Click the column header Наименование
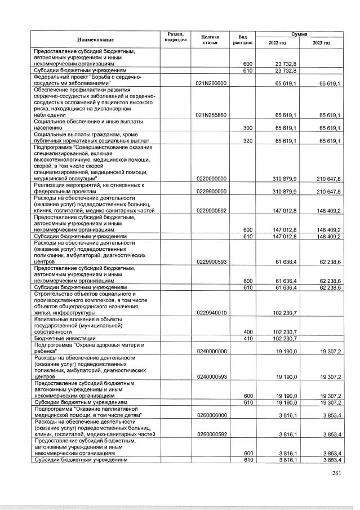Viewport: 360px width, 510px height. [96, 39]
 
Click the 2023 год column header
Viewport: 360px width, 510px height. [321, 43]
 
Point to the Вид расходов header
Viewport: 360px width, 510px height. [243, 39]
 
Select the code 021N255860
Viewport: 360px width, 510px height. [210, 115]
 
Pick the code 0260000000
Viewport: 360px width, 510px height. [210, 415]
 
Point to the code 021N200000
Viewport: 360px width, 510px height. [210, 83]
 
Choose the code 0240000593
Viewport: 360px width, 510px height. [210, 376]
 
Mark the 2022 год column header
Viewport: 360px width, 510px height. [277, 43]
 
